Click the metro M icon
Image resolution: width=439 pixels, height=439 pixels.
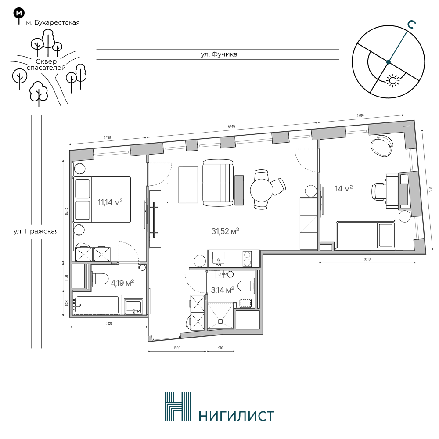pyautogui.click(x=19, y=13)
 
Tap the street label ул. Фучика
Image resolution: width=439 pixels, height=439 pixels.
pyautogui.click(x=219, y=54)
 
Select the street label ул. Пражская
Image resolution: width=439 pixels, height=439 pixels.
pyautogui.click(x=36, y=231)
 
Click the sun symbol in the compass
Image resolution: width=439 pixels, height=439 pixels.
pyautogui.click(x=392, y=81)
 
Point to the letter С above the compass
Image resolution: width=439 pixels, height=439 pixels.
pyautogui.click(x=411, y=25)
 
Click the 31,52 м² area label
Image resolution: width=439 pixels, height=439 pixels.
pyautogui.click(x=225, y=231)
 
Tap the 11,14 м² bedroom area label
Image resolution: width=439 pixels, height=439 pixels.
pyautogui.click(x=110, y=202)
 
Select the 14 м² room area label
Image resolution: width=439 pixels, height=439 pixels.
pyautogui.click(x=344, y=188)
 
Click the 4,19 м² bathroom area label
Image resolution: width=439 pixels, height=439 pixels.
pyautogui.click(x=122, y=283)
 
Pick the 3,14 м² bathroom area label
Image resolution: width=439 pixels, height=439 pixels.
pyautogui.click(x=223, y=290)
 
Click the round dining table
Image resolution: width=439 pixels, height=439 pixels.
pyautogui.click(x=261, y=190)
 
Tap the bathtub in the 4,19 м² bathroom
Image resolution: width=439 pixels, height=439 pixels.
pyautogui.click(x=97, y=304)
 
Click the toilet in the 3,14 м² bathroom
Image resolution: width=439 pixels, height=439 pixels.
pyautogui.click(x=246, y=286)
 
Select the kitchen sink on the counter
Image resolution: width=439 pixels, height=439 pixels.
pyautogui.click(x=218, y=259)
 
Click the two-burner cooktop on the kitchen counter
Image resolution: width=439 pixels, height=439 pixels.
pyautogui.click(x=247, y=259)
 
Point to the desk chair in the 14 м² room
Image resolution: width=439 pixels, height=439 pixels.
pyautogui.click(x=378, y=192)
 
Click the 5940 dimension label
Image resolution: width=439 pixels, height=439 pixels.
pyautogui.click(x=231, y=127)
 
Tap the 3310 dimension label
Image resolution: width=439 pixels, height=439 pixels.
pyautogui.click(x=367, y=259)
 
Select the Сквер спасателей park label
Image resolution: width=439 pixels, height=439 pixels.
pyautogui.click(x=46, y=65)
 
